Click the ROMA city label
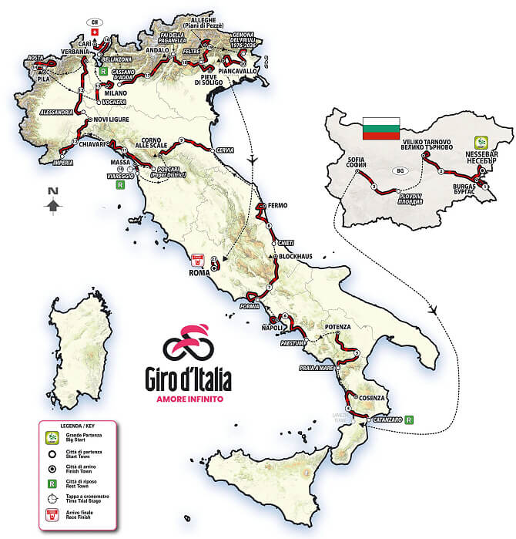pyautogui.click(x=198, y=272)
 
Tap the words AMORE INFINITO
pyautogui.click(x=189, y=399)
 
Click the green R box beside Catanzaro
pyautogui.click(x=409, y=419)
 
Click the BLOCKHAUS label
pyautogui.click(x=296, y=256)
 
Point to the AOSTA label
pyautogui.click(x=35, y=58)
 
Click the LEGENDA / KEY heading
pyautogui.click(x=76, y=425)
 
